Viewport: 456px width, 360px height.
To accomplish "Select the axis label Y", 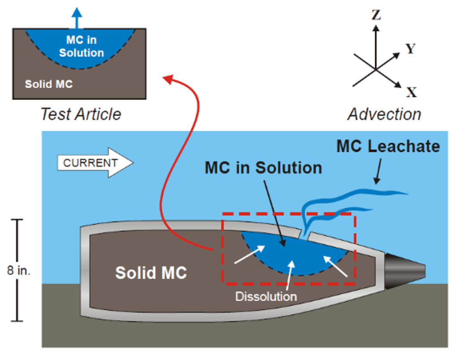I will click(x=410, y=49).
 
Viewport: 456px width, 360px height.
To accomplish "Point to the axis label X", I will click(x=411, y=92).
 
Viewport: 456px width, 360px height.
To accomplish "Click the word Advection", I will click(x=384, y=114).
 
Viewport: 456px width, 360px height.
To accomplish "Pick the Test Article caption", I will click(x=81, y=114).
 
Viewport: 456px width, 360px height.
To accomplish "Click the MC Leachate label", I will click(x=388, y=147).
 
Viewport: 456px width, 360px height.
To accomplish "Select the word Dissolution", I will click(x=266, y=296).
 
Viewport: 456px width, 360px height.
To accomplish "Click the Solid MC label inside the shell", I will click(x=151, y=273).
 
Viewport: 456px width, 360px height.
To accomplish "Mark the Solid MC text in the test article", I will click(x=49, y=84).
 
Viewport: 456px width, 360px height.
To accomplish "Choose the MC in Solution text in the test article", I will click(x=81, y=46).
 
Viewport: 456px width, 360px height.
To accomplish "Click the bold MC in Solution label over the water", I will click(x=263, y=168).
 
